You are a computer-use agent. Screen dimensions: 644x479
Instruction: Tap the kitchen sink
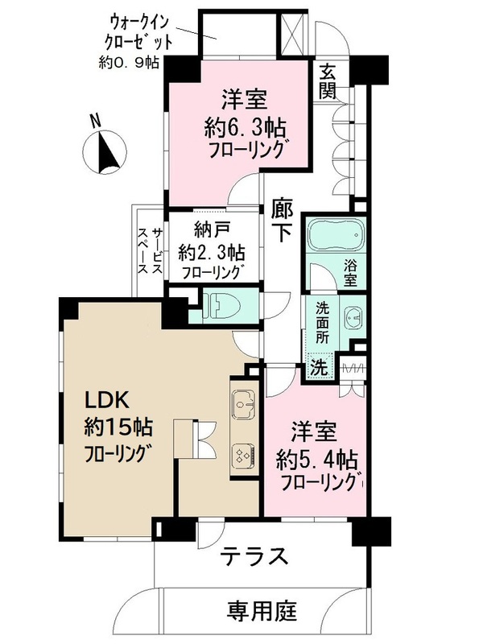point(244,402)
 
